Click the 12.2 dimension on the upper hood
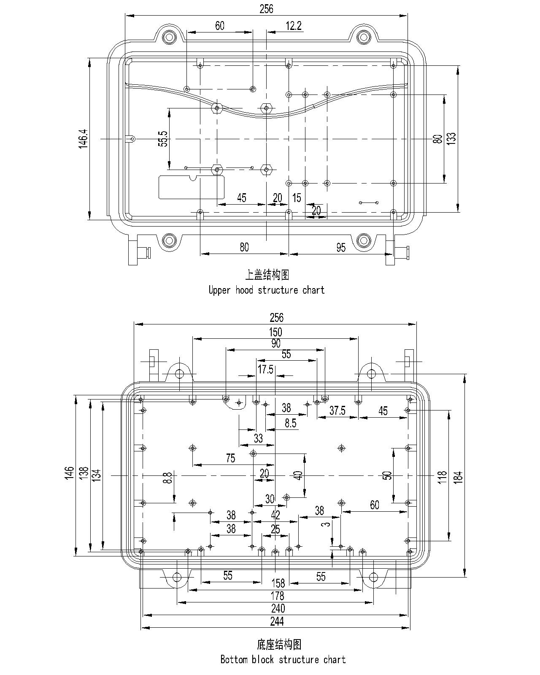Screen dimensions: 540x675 (293, 26)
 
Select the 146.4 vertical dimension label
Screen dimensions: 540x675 (84, 139)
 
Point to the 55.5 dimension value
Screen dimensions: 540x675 (163, 139)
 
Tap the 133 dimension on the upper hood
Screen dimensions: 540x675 (451, 138)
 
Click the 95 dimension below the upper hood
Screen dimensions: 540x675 (341, 248)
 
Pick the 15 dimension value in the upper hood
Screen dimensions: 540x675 (297, 198)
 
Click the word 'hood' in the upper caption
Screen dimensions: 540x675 (244, 290)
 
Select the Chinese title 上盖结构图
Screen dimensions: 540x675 (267, 275)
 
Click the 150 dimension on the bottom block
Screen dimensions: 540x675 (275, 332)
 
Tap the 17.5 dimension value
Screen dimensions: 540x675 (265, 370)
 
